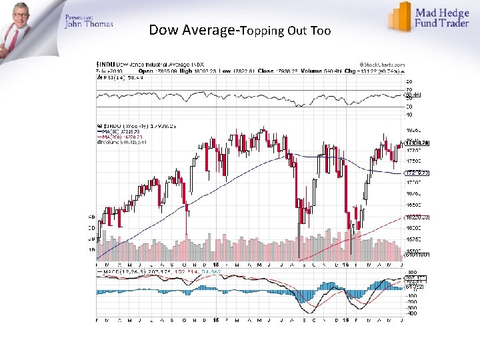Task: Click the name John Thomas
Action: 89,25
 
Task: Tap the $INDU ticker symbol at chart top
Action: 106,65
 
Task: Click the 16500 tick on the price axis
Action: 413,205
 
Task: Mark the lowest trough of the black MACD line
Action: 307,312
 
